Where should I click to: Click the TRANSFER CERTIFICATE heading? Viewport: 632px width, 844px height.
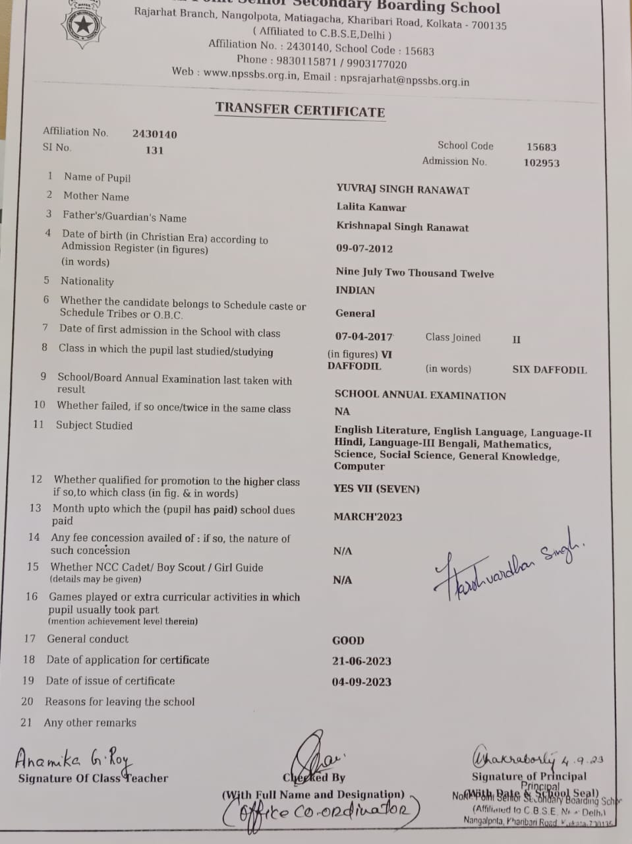[x=300, y=109]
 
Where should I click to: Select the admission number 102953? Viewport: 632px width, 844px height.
[x=541, y=163]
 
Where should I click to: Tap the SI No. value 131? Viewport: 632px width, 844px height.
[x=154, y=150]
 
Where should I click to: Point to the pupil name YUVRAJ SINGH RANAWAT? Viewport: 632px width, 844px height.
[x=403, y=190]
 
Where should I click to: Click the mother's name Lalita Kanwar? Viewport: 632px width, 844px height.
[x=371, y=207]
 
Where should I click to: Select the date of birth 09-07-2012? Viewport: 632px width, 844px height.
[x=364, y=249]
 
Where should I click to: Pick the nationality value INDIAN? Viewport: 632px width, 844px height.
[x=355, y=290]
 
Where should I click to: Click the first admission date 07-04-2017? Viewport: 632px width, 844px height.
[x=364, y=337]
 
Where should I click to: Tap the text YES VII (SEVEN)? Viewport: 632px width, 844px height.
[x=376, y=489]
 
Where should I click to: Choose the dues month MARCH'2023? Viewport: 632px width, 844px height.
[x=367, y=517]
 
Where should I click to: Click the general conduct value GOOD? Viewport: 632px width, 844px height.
[x=348, y=640]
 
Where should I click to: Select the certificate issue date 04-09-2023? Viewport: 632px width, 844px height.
[x=361, y=682]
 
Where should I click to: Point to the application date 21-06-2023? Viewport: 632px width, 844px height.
[x=361, y=661]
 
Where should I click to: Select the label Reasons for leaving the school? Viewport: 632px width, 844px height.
[x=119, y=702]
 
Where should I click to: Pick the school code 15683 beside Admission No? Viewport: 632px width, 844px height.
[x=541, y=147]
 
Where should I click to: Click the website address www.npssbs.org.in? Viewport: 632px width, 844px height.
[x=250, y=75]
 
